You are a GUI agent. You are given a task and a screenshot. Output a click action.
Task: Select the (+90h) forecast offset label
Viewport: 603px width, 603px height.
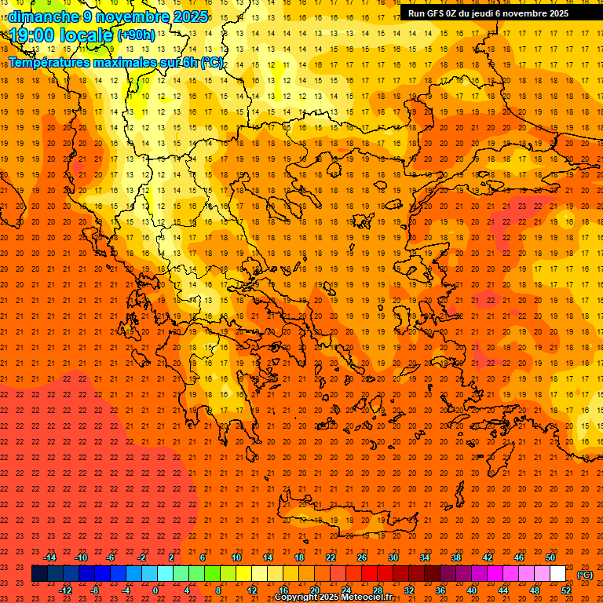tap(135, 35)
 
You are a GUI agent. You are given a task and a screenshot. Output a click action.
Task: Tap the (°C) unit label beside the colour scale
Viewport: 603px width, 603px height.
tap(585, 575)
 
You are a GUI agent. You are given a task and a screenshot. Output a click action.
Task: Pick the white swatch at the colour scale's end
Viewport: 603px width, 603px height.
tap(557, 574)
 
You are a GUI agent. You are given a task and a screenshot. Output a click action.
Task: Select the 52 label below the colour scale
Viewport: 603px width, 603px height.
tap(566, 590)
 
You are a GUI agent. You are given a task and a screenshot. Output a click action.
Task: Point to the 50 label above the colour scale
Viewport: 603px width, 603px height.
tap(550, 557)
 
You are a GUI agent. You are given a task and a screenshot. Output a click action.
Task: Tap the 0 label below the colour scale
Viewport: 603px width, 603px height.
tap(156, 590)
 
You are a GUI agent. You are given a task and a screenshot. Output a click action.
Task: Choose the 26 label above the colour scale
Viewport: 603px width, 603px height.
tap(362, 557)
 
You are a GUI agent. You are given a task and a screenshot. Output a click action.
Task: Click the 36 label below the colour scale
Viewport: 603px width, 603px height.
tap(440, 590)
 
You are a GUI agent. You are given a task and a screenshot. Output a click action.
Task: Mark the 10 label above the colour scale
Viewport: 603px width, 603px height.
tap(236, 557)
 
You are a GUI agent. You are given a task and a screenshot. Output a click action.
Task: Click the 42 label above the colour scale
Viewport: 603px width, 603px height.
tap(488, 557)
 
